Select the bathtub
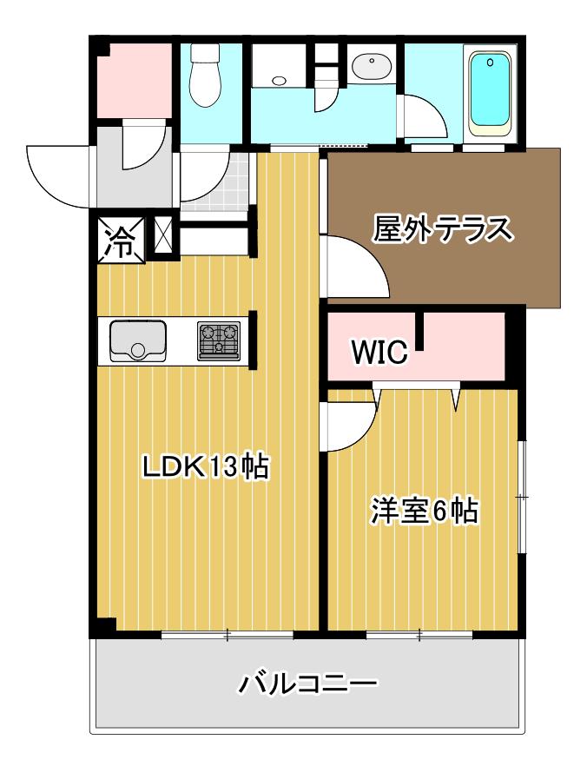490,93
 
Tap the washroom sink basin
371,65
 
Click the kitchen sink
138,340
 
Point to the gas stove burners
219,340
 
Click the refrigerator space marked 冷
121,241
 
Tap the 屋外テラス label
443,228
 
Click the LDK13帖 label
206,466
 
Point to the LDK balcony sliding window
228,635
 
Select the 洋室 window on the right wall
522,498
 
